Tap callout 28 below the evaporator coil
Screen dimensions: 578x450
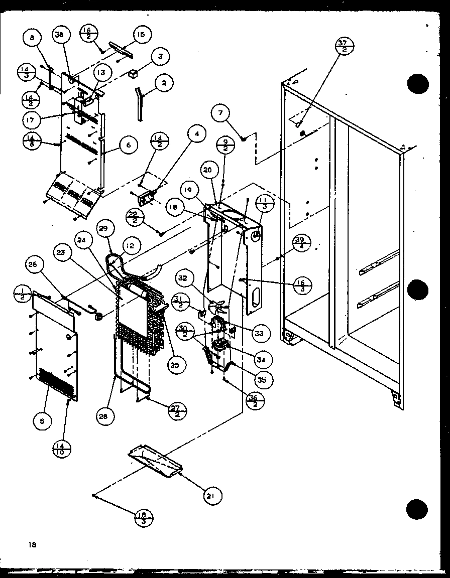(106, 416)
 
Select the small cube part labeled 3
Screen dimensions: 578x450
(133, 74)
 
